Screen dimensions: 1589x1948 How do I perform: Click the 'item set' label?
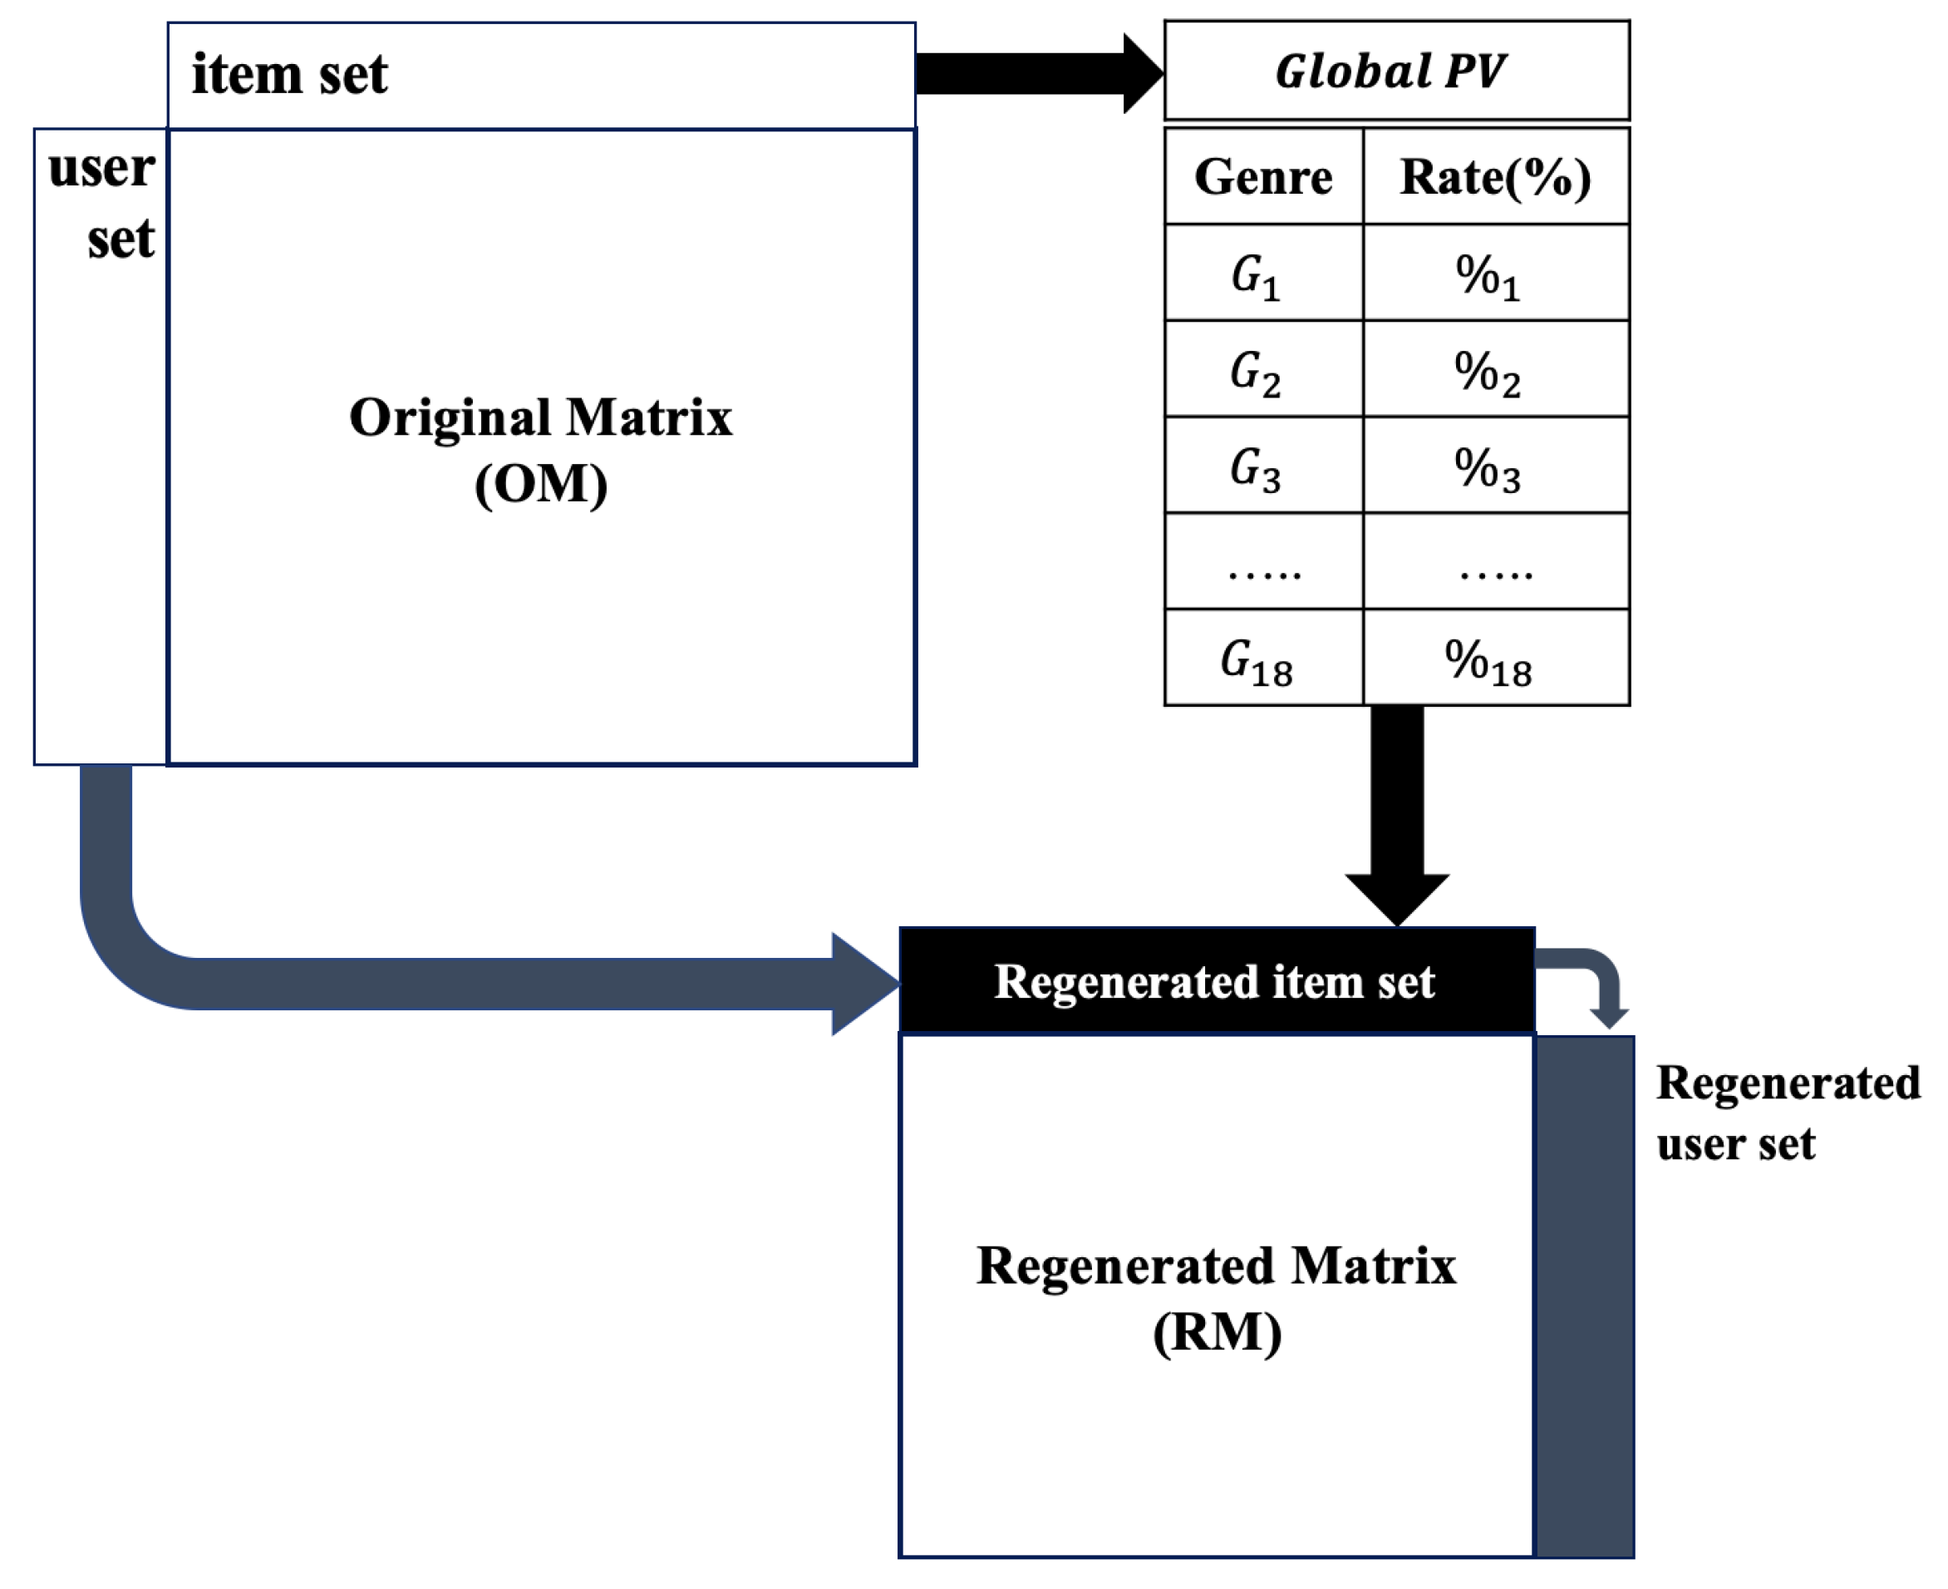289,74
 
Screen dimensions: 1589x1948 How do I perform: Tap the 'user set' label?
101,203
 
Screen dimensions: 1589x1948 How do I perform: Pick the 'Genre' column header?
1262,176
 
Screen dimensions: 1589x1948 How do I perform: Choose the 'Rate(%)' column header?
1494,176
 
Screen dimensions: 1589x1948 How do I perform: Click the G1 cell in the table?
1262,274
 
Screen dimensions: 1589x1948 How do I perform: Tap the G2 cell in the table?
1262,370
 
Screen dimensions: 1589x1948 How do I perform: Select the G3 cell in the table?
1262,466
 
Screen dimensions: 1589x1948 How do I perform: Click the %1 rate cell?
1494,274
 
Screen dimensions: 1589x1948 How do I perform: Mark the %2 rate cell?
1494,370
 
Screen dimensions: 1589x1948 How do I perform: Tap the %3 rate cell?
1494,466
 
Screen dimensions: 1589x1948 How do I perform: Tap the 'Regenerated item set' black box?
1215,981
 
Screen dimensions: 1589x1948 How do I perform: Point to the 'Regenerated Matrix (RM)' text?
1215,1298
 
